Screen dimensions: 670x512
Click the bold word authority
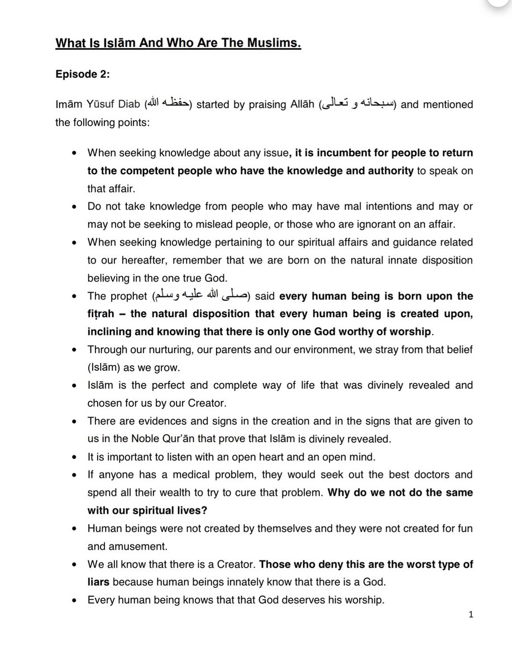[x=385, y=171]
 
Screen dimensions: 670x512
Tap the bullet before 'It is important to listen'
[x=76, y=456]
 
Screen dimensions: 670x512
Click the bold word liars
[x=98, y=582]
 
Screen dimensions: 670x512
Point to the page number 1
[x=471, y=615]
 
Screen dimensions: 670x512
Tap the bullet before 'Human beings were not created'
[x=76, y=528]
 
